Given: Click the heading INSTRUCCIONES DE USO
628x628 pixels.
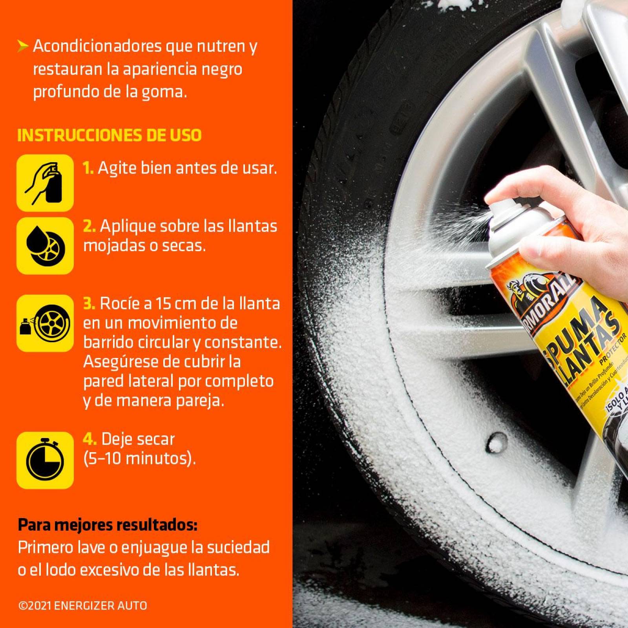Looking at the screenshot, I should (109, 135).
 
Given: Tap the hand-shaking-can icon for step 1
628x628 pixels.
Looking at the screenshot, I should (45, 183).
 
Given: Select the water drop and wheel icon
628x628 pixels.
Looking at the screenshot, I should (45, 246).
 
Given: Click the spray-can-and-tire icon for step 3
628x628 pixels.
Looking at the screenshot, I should (45, 323).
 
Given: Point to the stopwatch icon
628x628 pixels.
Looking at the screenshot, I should (45, 460).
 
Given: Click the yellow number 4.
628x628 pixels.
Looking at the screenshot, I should (89, 439).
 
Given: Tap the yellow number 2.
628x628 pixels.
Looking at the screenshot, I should (89, 226).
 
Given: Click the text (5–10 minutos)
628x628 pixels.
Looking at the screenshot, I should (139, 458).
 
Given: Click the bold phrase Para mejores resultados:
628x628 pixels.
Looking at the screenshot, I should (108, 525).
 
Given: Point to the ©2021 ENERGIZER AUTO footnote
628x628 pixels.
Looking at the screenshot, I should (82, 606).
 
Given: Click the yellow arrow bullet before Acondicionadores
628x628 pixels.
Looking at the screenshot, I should (23, 47).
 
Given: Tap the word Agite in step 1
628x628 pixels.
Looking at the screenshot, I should (113, 168).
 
